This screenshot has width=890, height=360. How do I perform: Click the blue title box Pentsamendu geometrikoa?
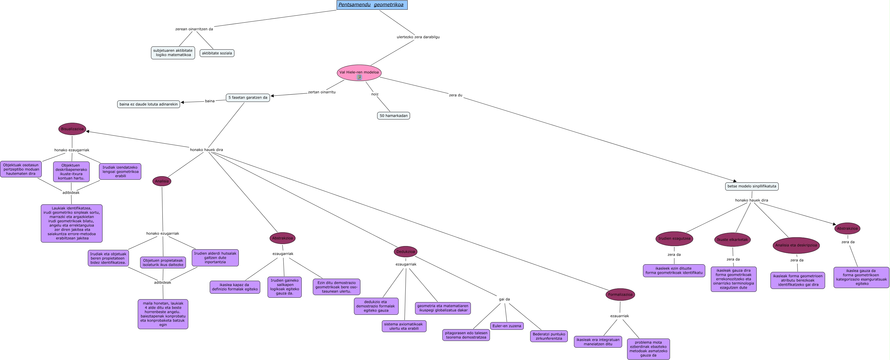[x=372, y=5]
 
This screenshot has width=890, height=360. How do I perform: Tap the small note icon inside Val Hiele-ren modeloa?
[x=359, y=78]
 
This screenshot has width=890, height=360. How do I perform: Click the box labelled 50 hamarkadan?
[x=393, y=116]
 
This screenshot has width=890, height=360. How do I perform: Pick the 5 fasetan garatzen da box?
[x=248, y=97]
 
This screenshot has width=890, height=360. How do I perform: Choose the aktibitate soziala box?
[x=217, y=53]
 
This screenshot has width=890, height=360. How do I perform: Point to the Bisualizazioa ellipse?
[x=72, y=129]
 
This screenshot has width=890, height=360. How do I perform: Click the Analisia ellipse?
[x=162, y=181]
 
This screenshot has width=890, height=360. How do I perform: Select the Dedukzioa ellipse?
[x=406, y=252]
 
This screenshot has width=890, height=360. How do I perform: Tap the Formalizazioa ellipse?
[x=620, y=294]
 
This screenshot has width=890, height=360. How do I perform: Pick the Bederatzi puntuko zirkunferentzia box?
[x=549, y=336]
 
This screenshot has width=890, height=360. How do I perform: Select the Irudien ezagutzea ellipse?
[x=674, y=238]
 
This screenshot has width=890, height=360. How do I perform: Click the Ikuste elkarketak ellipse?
[x=732, y=239]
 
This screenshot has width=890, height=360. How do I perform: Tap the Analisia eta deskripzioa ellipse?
[x=796, y=245]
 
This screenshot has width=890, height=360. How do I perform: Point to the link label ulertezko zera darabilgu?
[x=418, y=37]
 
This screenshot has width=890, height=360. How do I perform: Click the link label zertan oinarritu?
[x=322, y=92]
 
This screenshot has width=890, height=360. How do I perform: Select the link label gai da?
[x=504, y=299]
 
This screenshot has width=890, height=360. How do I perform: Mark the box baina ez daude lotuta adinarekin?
[x=149, y=104]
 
